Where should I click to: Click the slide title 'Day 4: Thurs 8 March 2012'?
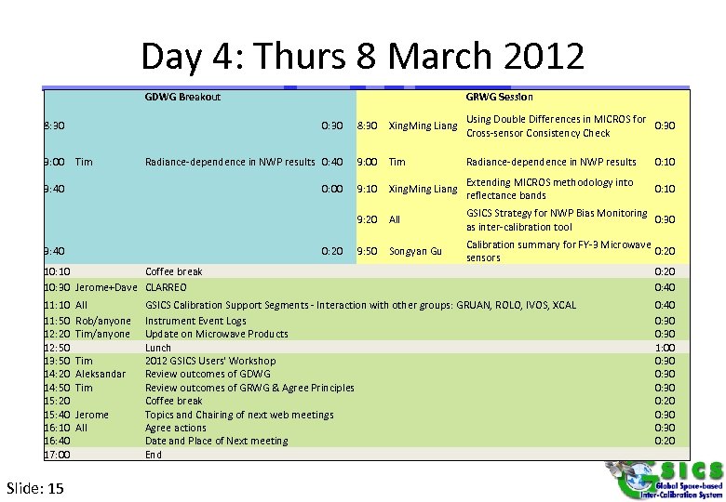coord(362,57)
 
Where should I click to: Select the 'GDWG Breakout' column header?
coord(182,97)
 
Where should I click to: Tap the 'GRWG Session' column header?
coord(500,97)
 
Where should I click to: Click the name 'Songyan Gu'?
coord(415,251)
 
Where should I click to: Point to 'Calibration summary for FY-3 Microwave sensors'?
coord(558,251)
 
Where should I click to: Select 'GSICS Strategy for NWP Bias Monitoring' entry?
coord(556,220)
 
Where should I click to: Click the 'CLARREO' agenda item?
coord(166,287)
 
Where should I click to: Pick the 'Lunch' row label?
coord(158,348)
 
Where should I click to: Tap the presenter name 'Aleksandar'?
coord(101,374)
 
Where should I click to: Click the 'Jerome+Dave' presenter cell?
coord(106,287)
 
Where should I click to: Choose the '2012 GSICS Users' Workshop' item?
coord(210,361)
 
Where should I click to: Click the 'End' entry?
coord(154,455)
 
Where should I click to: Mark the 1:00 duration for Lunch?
coord(665,348)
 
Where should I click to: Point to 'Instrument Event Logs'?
coord(195,321)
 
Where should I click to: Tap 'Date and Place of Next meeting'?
coord(216,441)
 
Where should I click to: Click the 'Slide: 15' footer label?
coord(35,488)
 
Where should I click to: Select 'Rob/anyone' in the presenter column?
coord(103,321)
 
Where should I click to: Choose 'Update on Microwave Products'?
coord(216,334)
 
